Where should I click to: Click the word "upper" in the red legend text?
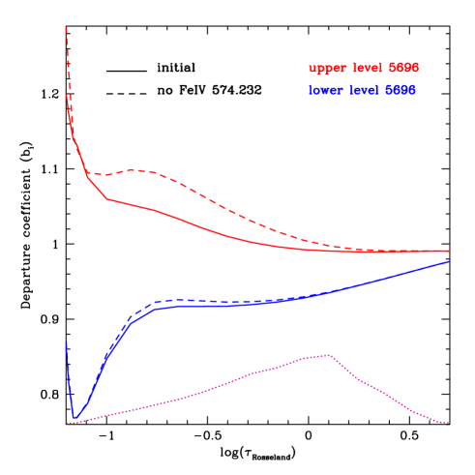[x=327, y=69]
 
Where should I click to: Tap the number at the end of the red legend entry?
[x=403, y=69]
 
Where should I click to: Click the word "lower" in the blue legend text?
[x=327, y=90]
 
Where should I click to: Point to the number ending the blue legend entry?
[x=401, y=90]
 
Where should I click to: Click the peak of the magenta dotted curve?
[x=329, y=355]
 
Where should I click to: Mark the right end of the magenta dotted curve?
[x=448, y=423]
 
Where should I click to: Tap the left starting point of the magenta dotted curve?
[x=67, y=424]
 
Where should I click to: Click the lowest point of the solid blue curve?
[x=74, y=418]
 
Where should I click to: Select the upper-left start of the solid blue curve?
[x=66, y=342]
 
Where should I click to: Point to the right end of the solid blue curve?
[x=449, y=261]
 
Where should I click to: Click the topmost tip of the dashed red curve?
[x=66, y=27]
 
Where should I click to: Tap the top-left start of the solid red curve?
[x=66, y=95]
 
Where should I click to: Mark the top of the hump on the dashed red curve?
[x=134, y=169]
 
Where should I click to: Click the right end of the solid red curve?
[x=449, y=251]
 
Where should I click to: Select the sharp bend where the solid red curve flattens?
[x=107, y=198]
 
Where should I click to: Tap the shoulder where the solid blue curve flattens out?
[x=158, y=308]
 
